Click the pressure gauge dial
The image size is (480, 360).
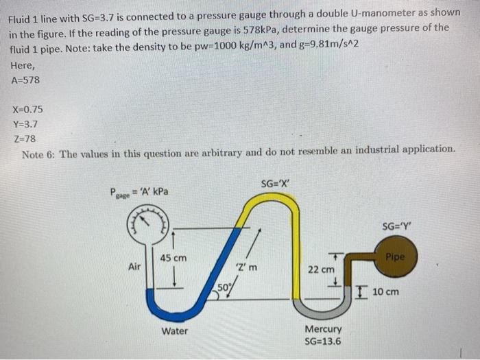(147, 220)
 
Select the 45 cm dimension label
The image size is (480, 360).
(173, 258)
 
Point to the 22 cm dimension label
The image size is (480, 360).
(321, 269)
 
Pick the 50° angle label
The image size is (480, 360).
(224, 286)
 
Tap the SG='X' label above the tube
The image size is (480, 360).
(276, 183)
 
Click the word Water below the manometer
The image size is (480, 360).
(176, 331)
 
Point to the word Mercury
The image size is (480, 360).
(322, 330)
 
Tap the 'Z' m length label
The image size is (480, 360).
(246, 267)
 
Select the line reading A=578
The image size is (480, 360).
(26, 80)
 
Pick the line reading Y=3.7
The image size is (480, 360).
(25, 124)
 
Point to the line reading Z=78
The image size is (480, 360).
(24, 139)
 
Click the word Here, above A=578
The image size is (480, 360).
(24, 66)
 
